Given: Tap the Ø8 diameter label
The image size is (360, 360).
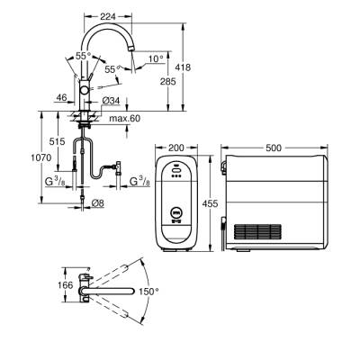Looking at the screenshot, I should (100, 202).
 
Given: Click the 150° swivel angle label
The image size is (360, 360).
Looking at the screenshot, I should (150, 292).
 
